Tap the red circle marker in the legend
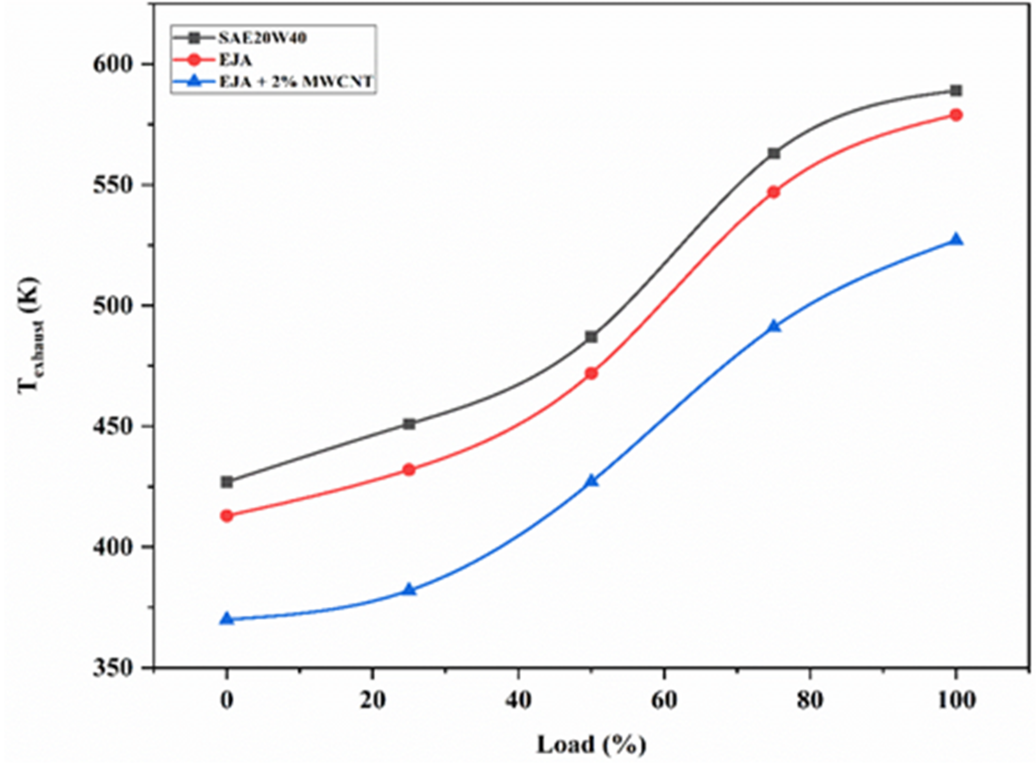tap(195, 60)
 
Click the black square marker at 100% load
tap(956, 91)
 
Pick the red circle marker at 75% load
tap(773, 192)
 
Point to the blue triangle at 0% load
tap(226, 619)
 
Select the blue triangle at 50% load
tap(591, 481)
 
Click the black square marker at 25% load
tap(409, 424)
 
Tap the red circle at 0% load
tap(226, 516)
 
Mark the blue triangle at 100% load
tap(956, 240)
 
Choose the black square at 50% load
tap(591, 337)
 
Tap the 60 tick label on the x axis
tap(663, 700)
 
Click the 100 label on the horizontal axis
tap(956, 700)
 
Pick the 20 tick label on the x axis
tap(372, 700)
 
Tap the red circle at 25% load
tap(409, 470)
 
